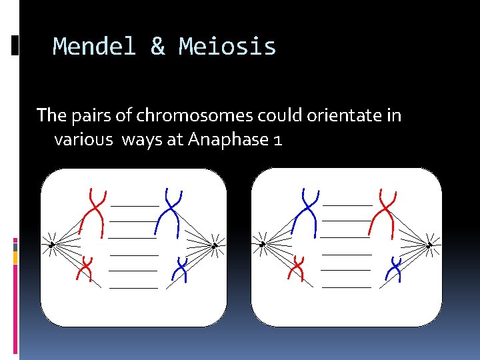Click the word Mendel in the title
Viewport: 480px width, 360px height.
click(x=94, y=47)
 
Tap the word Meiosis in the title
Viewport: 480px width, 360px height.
click(x=227, y=47)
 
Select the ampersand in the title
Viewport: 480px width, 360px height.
click(x=157, y=47)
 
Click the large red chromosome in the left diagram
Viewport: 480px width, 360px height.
click(x=94, y=212)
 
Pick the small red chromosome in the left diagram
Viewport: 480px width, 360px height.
click(x=85, y=268)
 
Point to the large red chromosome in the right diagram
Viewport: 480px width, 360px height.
click(x=385, y=212)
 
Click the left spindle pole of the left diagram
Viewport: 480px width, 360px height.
click(x=51, y=245)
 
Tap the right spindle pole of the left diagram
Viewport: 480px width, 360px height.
click(x=215, y=245)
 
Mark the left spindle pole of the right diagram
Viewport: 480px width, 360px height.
click(x=263, y=244)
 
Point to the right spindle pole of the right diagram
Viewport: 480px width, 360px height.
click(x=429, y=245)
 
